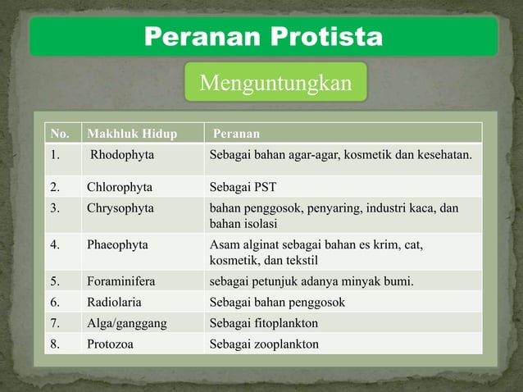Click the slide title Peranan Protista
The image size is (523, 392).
coord(263,37)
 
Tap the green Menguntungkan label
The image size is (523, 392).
coord(275,83)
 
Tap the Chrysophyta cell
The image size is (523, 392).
coord(121,207)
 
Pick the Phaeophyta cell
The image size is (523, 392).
coord(120,244)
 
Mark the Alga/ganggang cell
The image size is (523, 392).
coord(127,323)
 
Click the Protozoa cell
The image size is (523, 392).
coord(111,344)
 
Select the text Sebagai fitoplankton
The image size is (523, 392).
coord(264,323)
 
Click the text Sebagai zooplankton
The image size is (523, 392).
coord(264,344)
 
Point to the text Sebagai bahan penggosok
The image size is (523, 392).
coord(277,303)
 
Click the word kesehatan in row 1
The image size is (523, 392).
coord(443,154)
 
